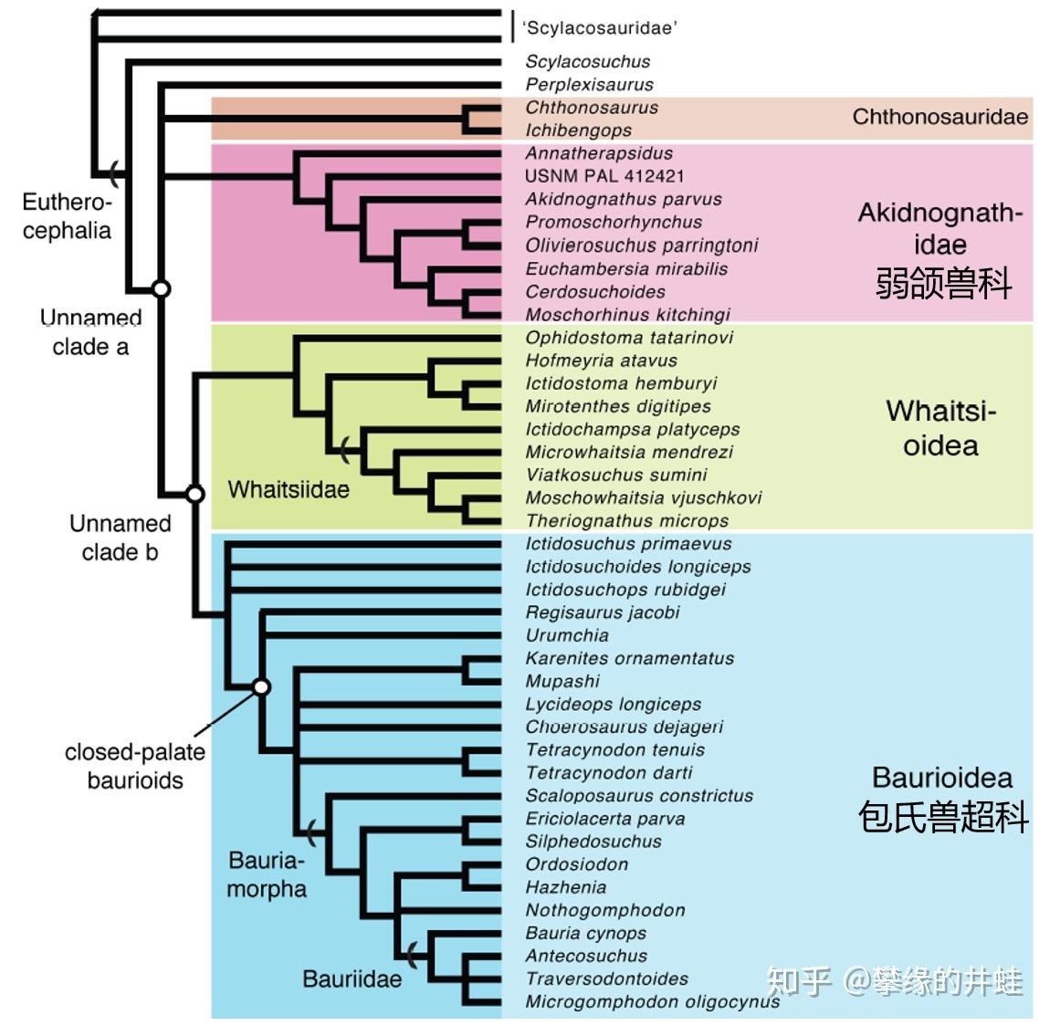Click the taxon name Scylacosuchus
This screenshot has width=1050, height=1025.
(587, 61)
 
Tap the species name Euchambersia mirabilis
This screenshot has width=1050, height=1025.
(626, 268)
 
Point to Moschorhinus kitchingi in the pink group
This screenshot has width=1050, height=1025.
(627, 314)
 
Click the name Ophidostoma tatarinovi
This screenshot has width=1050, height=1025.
(629, 338)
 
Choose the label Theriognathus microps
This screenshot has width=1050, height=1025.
(626, 520)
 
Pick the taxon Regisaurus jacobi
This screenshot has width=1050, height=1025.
(603, 612)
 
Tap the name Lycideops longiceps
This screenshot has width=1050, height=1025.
(614, 704)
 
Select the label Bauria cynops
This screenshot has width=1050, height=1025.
(586, 933)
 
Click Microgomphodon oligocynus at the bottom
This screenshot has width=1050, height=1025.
(652, 1001)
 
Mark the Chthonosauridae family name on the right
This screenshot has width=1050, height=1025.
(940, 117)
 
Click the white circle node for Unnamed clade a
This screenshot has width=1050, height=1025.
(161, 288)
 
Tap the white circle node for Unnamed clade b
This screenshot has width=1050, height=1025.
(194, 494)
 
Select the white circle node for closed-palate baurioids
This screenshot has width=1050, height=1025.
(262, 687)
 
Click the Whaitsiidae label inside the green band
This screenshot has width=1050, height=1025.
(289, 489)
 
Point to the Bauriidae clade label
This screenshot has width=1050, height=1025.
(352, 978)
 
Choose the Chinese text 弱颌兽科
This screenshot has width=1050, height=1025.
(943, 283)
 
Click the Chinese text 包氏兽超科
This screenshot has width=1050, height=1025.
(943, 817)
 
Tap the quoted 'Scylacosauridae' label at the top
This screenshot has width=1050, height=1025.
(600, 27)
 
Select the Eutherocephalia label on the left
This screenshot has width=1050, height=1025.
(67, 215)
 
